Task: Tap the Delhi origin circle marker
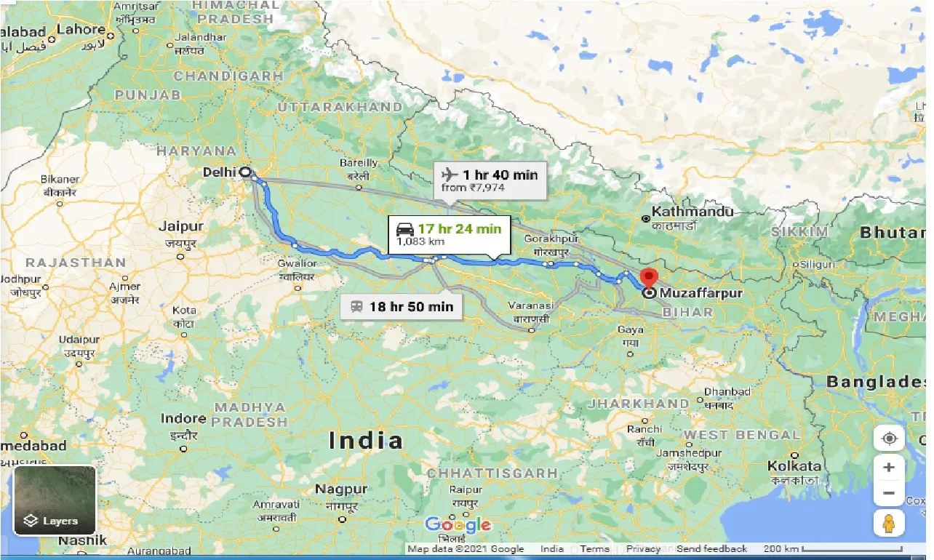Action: click(x=245, y=172)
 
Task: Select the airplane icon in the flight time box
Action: click(x=449, y=175)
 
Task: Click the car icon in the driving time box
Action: click(x=404, y=229)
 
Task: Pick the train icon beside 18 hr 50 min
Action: click(x=356, y=307)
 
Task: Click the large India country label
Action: click(x=365, y=440)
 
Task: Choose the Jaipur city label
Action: click(x=180, y=227)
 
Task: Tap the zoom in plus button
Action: click(x=888, y=468)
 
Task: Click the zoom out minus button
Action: click(x=888, y=493)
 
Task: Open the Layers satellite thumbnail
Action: click(x=55, y=500)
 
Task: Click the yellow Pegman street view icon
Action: click(x=888, y=523)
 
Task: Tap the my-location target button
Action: click(x=888, y=439)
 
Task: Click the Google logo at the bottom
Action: click(x=458, y=524)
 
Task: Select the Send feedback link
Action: click(x=711, y=549)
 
